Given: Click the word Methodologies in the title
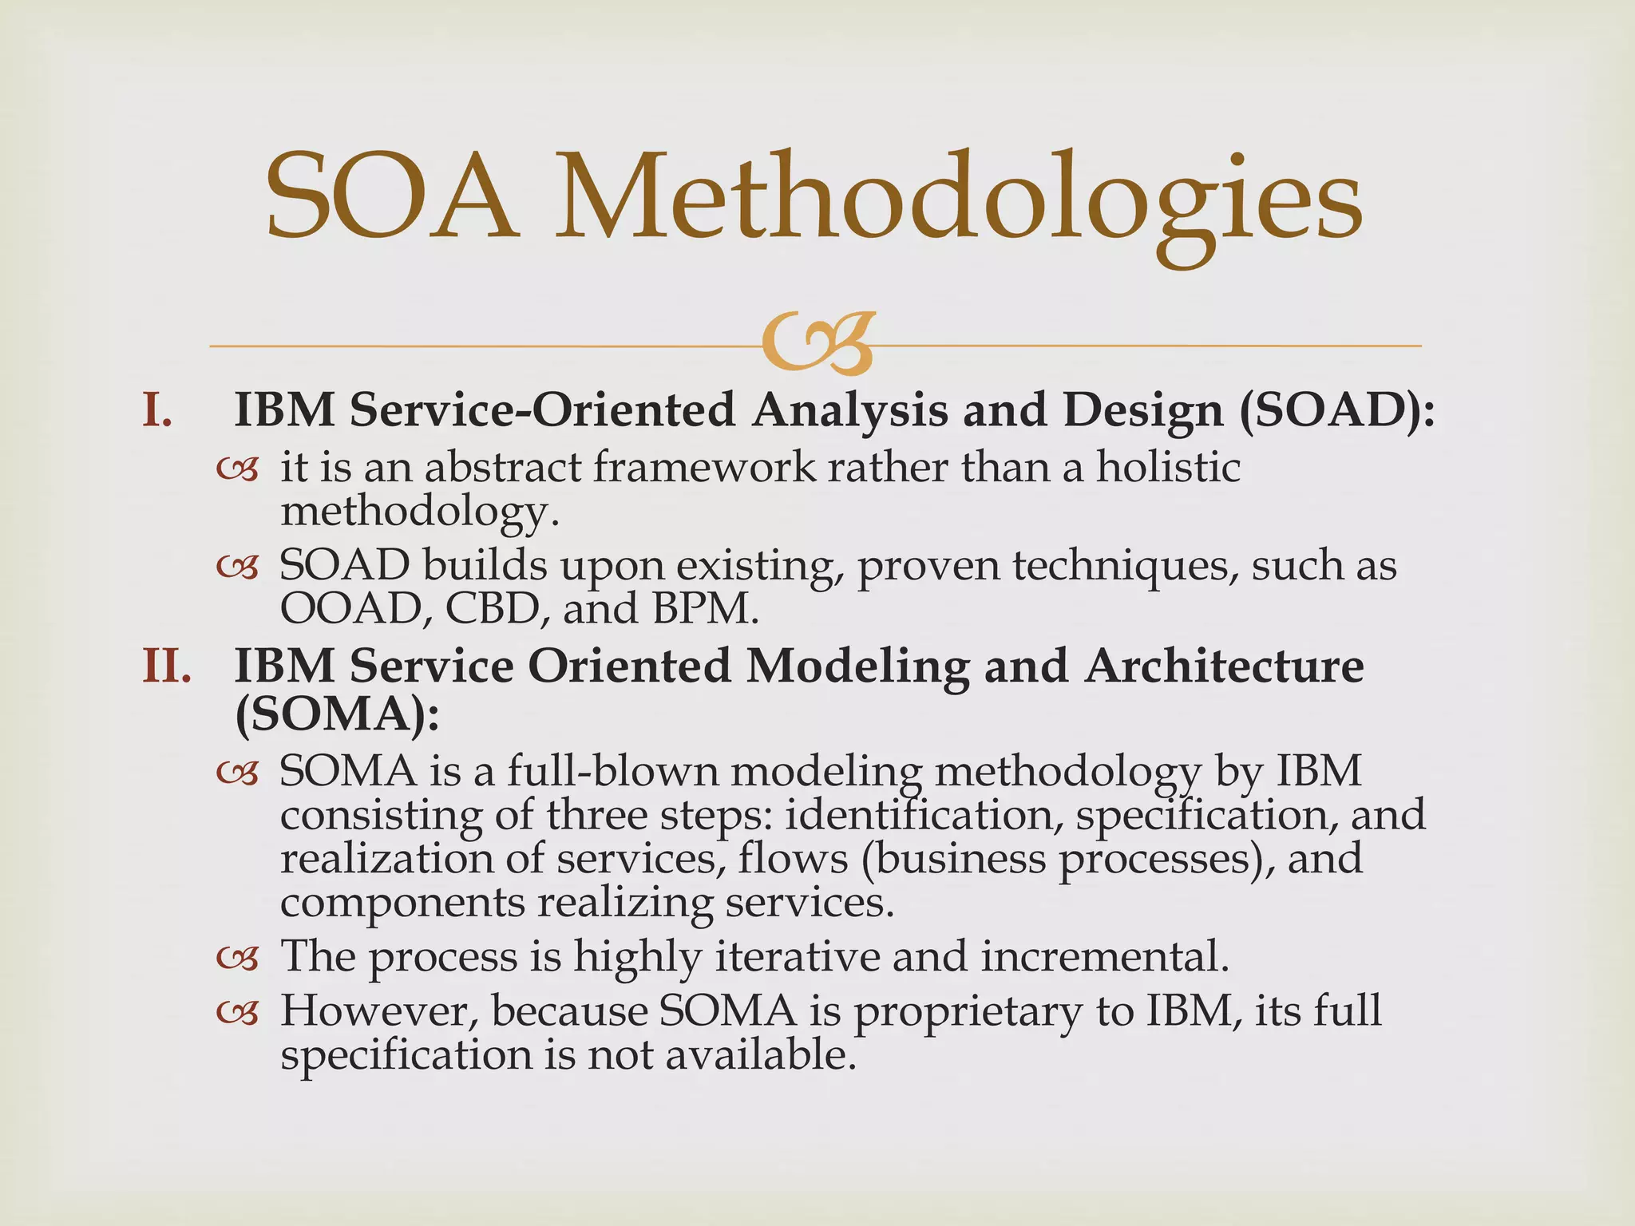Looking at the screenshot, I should pos(958,200).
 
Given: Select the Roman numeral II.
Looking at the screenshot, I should pos(167,666).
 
